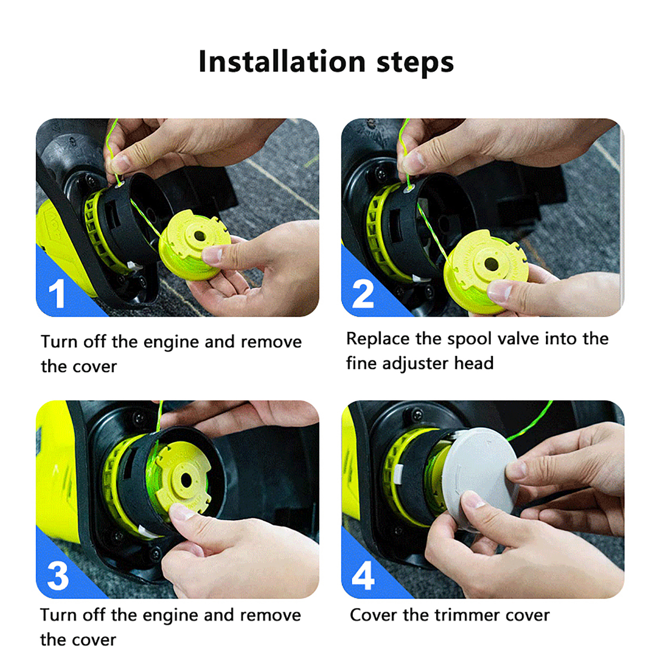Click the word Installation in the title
(282, 62)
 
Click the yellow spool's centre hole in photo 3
(186, 480)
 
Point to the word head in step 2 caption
(474, 363)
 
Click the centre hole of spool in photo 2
(491, 263)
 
